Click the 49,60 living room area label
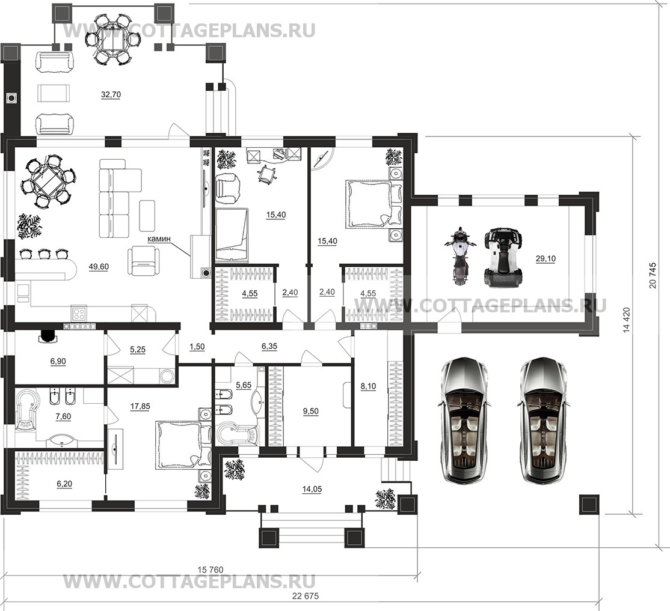(99, 267)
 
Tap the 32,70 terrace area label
(111, 95)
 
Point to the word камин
(159, 239)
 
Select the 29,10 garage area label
(546, 258)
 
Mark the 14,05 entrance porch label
(312, 489)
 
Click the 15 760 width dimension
(211, 570)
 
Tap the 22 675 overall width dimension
(306, 596)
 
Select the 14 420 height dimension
(627, 319)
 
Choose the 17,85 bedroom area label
(140, 407)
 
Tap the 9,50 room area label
(311, 412)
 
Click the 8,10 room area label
(368, 386)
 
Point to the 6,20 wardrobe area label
(64, 484)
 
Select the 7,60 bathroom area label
(63, 416)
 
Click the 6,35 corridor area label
(269, 347)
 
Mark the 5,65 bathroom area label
(244, 385)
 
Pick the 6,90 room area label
(58, 362)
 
